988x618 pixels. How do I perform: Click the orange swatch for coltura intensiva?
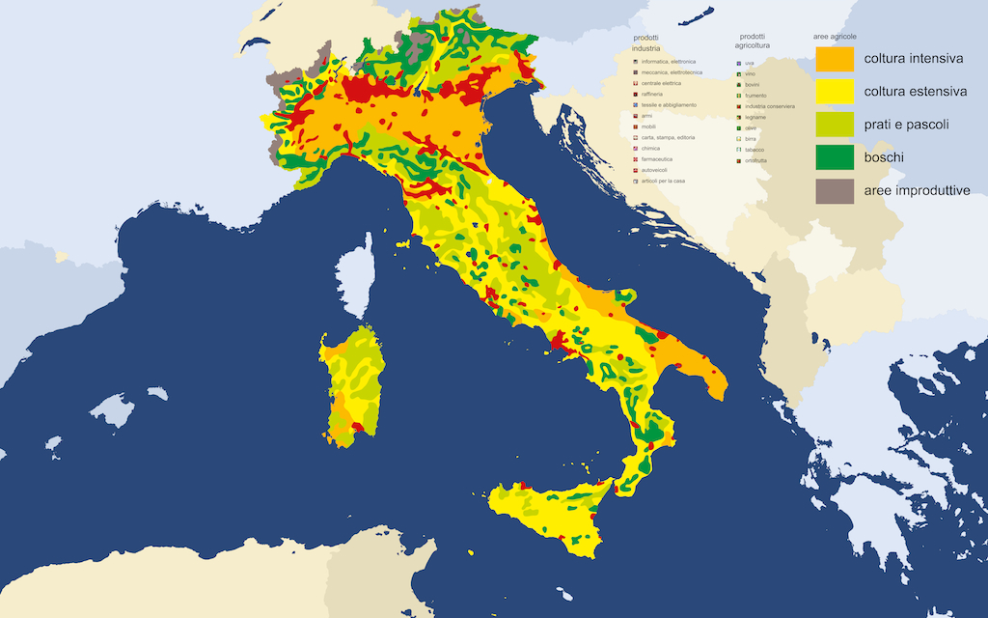pyautogui.click(x=836, y=59)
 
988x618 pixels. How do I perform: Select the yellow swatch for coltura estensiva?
pyautogui.click(x=836, y=92)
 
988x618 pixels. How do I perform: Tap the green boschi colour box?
pyautogui.click(x=836, y=157)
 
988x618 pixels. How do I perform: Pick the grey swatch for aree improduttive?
pyautogui.click(x=836, y=190)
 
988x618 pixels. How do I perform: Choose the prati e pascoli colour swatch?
pyautogui.click(x=836, y=125)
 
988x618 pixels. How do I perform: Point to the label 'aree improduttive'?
pyautogui.click(x=917, y=190)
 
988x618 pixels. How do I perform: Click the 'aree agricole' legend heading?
pyautogui.click(x=835, y=37)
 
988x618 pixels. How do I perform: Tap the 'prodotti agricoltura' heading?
pyautogui.click(x=753, y=42)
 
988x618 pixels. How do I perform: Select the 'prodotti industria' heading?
pyautogui.click(x=646, y=42)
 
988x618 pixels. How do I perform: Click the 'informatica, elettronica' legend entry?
pyautogui.click(x=668, y=62)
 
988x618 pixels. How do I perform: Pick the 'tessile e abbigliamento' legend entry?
pyautogui.click(x=668, y=104)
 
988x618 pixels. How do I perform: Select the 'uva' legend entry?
pyautogui.click(x=749, y=63)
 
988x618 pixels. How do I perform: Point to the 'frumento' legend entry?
pyautogui.click(x=755, y=96)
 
